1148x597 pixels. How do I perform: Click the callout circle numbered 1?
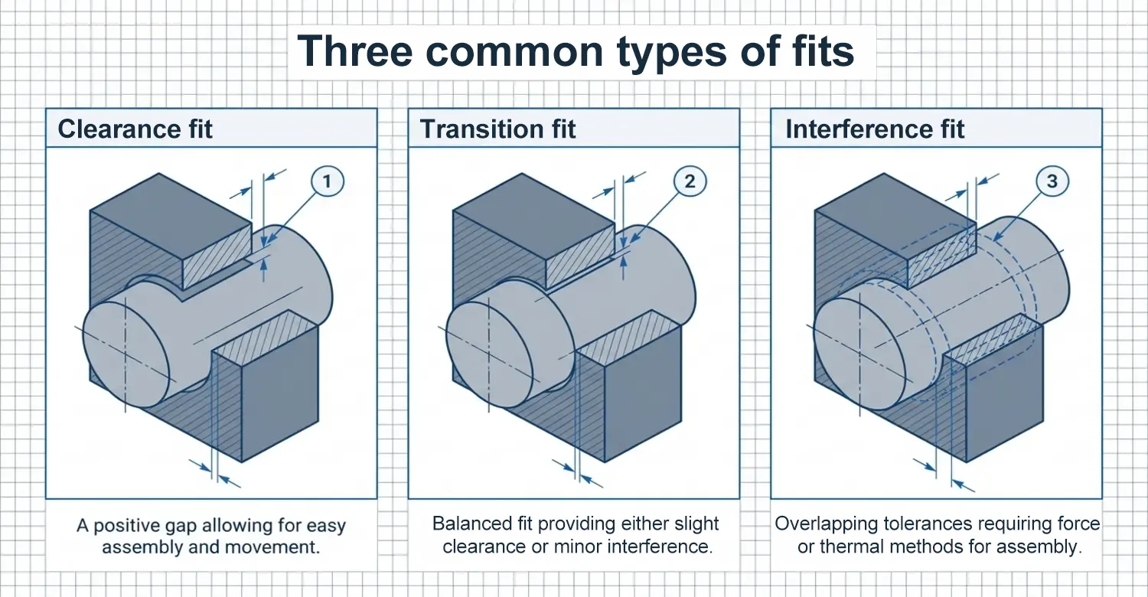point(328,181)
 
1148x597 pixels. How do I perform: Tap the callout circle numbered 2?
point(690,181)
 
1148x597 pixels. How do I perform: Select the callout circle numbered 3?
point(1052,181)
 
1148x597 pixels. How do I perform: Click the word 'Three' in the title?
point(354,51)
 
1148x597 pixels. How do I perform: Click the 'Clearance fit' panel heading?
point(135,129)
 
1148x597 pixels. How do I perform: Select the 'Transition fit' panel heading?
point(497,129)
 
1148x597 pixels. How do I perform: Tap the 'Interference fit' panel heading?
point(875,129)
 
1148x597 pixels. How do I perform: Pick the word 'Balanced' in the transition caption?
point(472,524)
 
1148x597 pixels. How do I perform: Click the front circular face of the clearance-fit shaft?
point(126,355)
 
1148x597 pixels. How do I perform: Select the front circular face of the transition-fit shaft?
point(489,355)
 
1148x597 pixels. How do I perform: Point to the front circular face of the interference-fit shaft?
point(857,354)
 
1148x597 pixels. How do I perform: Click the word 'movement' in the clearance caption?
point(272,547)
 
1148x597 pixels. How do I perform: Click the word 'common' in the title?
point(514,52)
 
